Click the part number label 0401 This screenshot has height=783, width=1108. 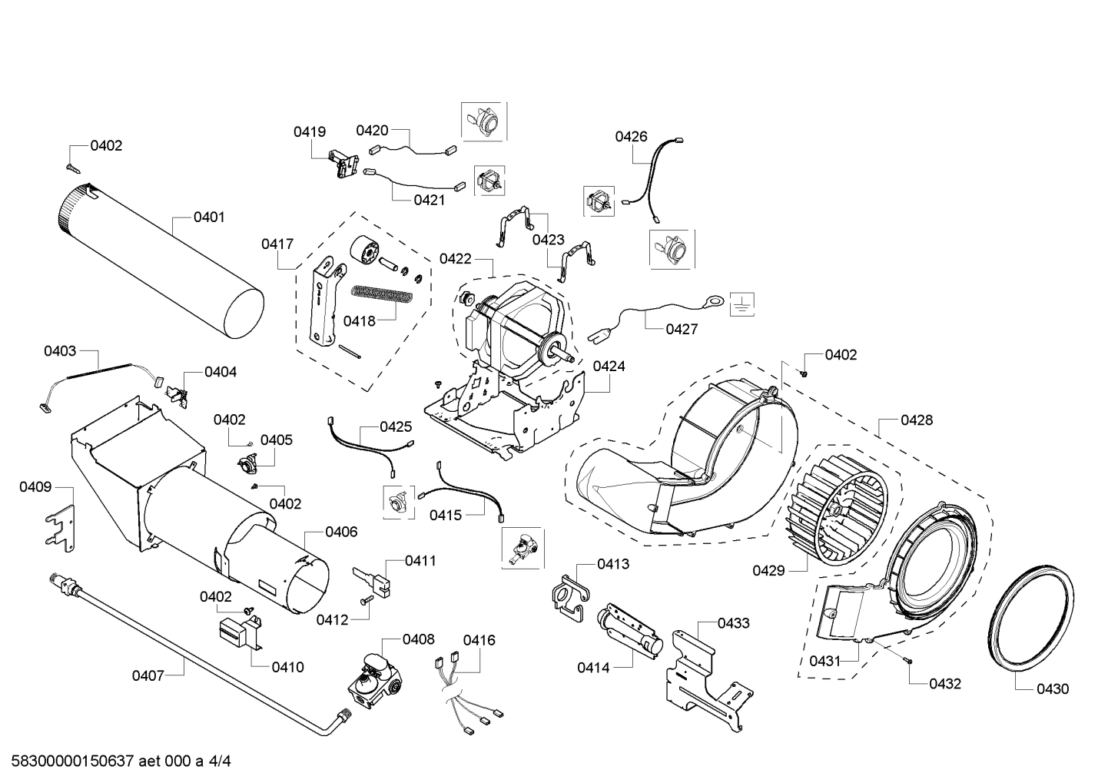[x=209, y=217]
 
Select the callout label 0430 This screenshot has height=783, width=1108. [x=1052, y=689]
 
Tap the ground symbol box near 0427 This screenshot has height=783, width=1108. [x=741, y=304]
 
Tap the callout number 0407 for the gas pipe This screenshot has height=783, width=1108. [x=148, y=675]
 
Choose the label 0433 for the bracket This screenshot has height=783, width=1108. [x=734, y=623]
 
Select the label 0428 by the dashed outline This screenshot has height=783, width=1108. [x=917, y=420]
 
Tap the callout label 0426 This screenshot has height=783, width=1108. [x=631, y=137]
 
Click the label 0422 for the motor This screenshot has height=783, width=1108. [x=456, y=259]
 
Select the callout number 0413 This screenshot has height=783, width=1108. [x=613, y=564]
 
